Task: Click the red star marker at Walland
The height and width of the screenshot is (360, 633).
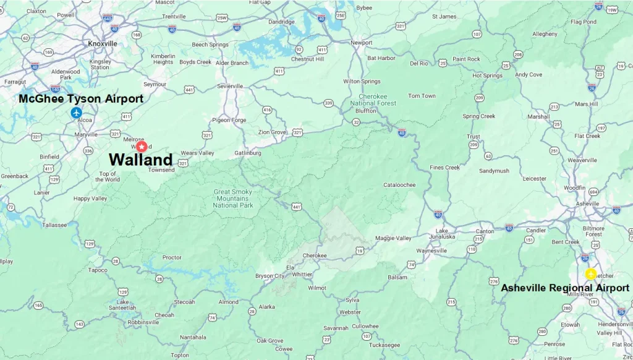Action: [142, 147]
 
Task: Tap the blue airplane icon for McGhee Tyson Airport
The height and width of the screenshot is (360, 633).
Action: [76, 113]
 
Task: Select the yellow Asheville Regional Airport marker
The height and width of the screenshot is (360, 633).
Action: [591, 274]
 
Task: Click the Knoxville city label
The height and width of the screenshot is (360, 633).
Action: [103, 44]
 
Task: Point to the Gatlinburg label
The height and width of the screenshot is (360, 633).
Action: [249, 153]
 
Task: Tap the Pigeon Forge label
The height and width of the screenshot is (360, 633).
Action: [229, 120]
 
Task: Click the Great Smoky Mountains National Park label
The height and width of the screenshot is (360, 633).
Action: [233, 199]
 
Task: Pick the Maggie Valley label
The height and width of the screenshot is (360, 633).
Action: [393, 238]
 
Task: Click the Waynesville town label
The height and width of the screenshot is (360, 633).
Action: [431, 251]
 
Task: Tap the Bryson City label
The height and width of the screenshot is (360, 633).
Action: [270, 276]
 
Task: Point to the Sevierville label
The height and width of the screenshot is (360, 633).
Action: [230, 86]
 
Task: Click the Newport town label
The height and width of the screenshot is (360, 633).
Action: [362, 43]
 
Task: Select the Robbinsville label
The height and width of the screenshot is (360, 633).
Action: [143, 322]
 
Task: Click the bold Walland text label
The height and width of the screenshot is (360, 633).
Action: [140, 159]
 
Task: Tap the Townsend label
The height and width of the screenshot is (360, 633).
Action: [161, 169]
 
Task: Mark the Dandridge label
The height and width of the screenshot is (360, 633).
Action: [281, 22]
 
